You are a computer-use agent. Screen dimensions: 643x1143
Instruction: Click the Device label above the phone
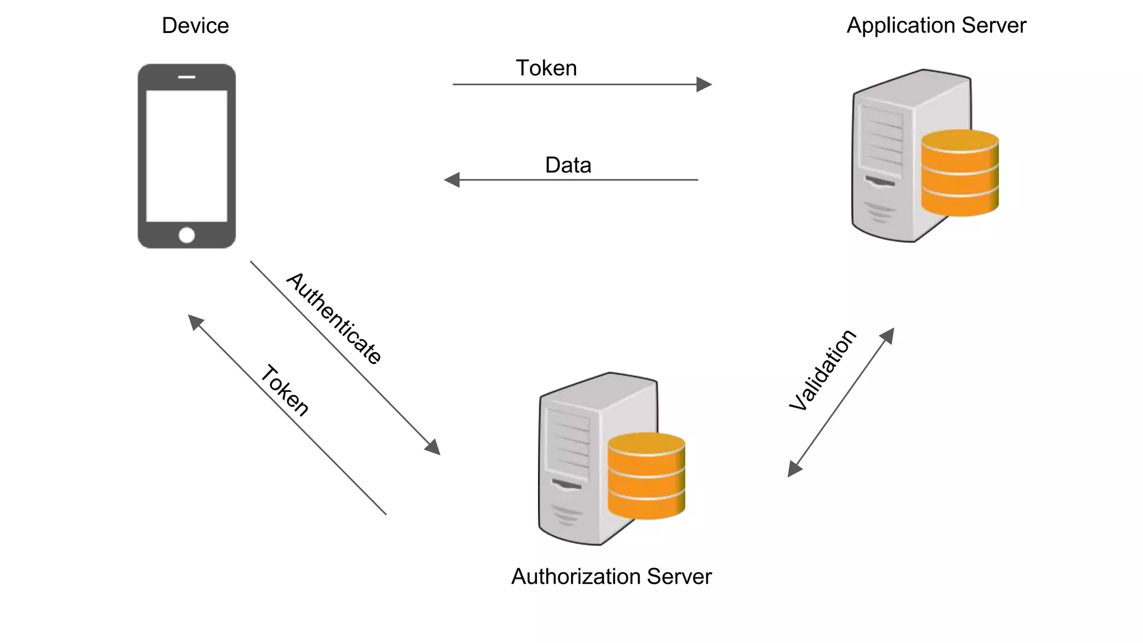point(195,26)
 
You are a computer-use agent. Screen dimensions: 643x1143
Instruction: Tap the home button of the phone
point(186,235)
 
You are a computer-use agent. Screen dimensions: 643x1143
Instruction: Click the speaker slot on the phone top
point(186,77)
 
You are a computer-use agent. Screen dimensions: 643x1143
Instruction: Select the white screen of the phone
point(186,156)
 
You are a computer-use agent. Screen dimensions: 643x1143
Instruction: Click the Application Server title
point(936,26)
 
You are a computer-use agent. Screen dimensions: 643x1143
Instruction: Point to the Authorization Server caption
point(611,577)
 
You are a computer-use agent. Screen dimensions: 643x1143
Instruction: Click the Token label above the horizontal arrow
point(546,68)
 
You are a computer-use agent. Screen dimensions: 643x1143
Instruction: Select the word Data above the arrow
point(568,165)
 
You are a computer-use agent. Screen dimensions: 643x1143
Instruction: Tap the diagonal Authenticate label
point(334,318)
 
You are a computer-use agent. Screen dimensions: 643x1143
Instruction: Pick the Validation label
point(822,370)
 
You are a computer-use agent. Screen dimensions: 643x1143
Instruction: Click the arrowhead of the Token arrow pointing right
point(704,85)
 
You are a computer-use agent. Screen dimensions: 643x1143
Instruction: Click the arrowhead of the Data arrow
point(452,180)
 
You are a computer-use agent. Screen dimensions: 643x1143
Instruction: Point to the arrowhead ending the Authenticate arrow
point(434,448)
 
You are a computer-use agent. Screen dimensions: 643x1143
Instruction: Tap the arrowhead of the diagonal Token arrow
point(195,321)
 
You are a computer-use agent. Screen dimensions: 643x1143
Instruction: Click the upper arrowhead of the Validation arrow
point(888,335)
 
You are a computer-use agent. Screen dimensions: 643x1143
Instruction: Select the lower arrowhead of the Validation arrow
point(794,469)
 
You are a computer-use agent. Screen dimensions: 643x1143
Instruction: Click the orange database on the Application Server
point(959,172)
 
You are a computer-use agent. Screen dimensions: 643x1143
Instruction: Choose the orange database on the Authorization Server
point(646,476)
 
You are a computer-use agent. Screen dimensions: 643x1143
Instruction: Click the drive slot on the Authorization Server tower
point(566,484)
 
